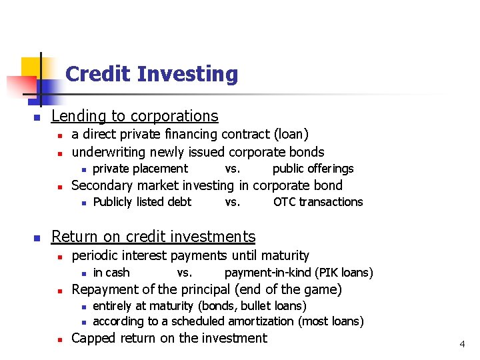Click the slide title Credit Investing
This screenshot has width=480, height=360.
(151, 74)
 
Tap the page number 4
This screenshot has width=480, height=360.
(462, 344)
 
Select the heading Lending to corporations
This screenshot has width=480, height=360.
(135, 116)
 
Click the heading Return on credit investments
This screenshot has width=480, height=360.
(153, 237)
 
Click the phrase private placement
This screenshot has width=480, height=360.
(140, 169)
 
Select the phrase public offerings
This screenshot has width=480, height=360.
(313, 169)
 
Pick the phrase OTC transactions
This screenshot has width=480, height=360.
(318, 202)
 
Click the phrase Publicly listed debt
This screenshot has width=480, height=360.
(142, 202)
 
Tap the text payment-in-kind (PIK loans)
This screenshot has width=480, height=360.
(299, 272)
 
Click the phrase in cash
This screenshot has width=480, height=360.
(111, 272)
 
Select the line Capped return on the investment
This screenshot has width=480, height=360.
(169, 338)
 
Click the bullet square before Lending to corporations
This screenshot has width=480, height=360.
(37, 117)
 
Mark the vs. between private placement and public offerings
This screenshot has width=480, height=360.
(233, 169)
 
